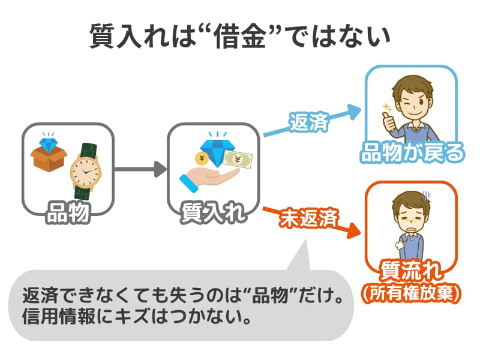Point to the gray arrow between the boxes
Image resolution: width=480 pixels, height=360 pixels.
pyautogui.click(x=139, y=169)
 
